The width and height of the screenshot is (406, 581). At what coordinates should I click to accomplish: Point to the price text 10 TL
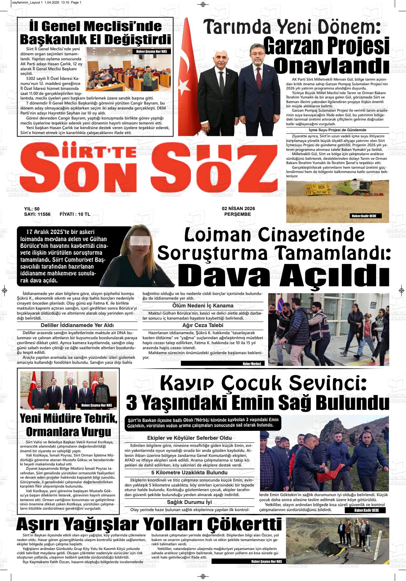coord(84,214)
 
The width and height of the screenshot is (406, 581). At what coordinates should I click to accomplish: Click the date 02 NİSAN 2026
coord(238,209)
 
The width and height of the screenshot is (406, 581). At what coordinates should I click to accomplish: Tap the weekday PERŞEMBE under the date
coord(238,214)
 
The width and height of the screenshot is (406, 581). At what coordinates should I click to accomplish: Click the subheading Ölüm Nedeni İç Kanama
coord(203,306)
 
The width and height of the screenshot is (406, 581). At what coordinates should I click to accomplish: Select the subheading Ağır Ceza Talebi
coord(203,325)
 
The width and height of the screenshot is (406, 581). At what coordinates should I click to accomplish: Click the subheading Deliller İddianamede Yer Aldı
coord(77,325)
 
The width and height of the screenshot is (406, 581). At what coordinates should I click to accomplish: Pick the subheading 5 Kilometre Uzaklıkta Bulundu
coord(189,473)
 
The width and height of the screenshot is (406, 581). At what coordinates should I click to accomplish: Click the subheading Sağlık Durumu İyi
coord(189,502)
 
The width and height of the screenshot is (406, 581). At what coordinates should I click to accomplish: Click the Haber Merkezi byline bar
coord(251,364)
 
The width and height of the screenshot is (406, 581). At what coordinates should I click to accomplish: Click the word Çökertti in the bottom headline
coord(244,525)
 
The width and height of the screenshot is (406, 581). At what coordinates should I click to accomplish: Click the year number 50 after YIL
coord(37,209)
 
